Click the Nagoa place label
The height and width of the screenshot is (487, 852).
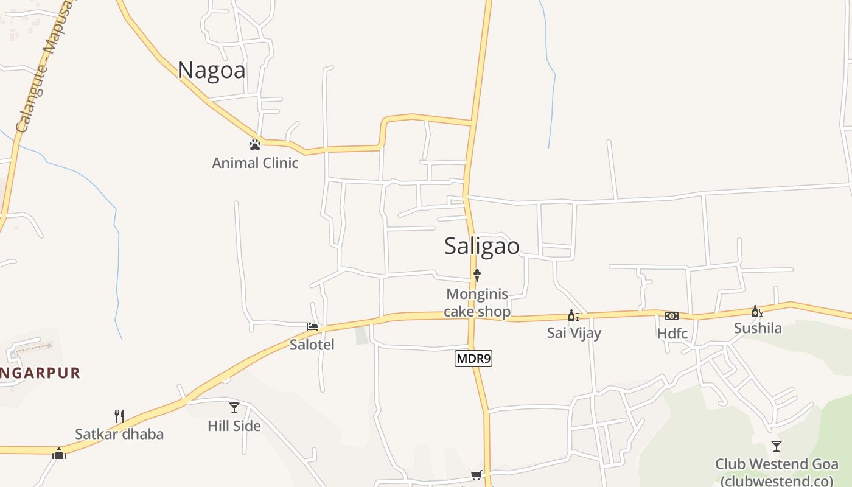coord(212,71)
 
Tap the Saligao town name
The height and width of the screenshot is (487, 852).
coord(482,246)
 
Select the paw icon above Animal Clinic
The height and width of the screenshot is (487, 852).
coord(255,145)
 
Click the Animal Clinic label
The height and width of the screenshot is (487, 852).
coord(255,163)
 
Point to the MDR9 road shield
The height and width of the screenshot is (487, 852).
coord(473,359)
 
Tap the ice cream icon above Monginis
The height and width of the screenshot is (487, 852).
coord(477,275)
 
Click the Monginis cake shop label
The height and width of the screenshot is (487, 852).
coord(477,303)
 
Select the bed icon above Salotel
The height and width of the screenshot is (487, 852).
coord(312,327)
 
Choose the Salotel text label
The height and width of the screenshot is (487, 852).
coord(312,345)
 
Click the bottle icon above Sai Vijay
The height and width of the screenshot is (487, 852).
coord(573,315)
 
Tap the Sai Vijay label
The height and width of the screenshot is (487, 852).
coord(574,333)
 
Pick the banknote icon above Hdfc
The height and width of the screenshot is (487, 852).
coord(672,315)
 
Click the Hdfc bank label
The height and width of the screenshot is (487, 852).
coord(672,334)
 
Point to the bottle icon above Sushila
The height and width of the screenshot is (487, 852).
coord(757,312)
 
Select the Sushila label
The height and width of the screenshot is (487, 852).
coord(758,329)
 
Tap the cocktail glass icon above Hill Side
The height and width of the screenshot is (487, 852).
coord(234,408)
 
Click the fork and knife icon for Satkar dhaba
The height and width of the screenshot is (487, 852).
coord(119,416)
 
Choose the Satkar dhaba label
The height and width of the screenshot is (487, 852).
coord(119,434)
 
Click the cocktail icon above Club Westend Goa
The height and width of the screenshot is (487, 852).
coord(777,446)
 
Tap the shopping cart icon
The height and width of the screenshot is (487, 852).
coord(476,475)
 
